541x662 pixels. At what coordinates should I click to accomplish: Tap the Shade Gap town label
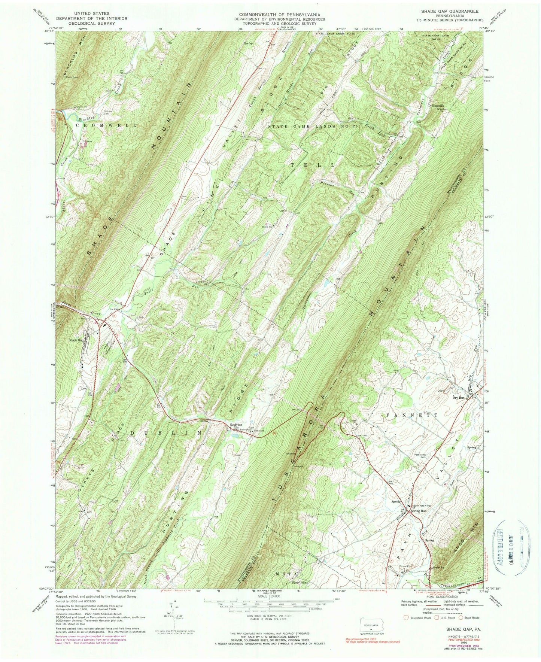tap(75, 340)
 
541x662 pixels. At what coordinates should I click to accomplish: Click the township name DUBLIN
tap(167, 433)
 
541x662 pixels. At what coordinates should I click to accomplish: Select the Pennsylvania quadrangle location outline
tap(371, 626)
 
